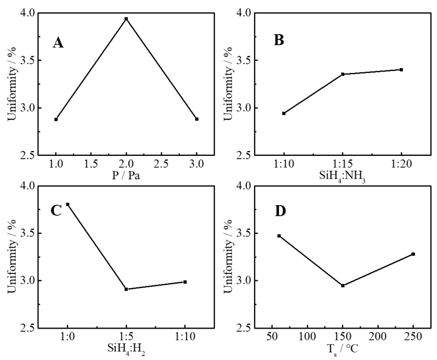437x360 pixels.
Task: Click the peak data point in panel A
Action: coord(126,19)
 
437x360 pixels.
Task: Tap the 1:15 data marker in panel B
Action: coord(343,74)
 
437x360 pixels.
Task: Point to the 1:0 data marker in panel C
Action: coord(68,205)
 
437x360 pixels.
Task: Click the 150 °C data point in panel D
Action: coord(343,285)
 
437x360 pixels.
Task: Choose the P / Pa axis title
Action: coord(126,176)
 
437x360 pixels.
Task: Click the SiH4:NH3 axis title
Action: coord(342,177)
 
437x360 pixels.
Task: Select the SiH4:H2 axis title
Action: coord(126,349)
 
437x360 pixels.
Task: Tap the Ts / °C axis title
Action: coord(342,349)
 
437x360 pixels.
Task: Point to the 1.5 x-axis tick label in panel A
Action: coord(91,164)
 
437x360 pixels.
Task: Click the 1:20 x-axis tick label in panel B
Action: coord(401,164)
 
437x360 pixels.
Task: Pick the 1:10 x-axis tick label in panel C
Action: coord(185,337)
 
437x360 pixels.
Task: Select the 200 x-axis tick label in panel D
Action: coord(378,337)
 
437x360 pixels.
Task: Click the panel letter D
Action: coord(280,211)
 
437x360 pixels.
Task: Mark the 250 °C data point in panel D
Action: coord(413,254)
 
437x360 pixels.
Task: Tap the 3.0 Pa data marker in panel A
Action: coord(197,119)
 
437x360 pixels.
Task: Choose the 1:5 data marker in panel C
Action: coord(126,289)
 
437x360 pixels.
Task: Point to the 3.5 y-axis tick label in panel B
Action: coord(243,61)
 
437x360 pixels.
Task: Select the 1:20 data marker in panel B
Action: coord(401,70)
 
